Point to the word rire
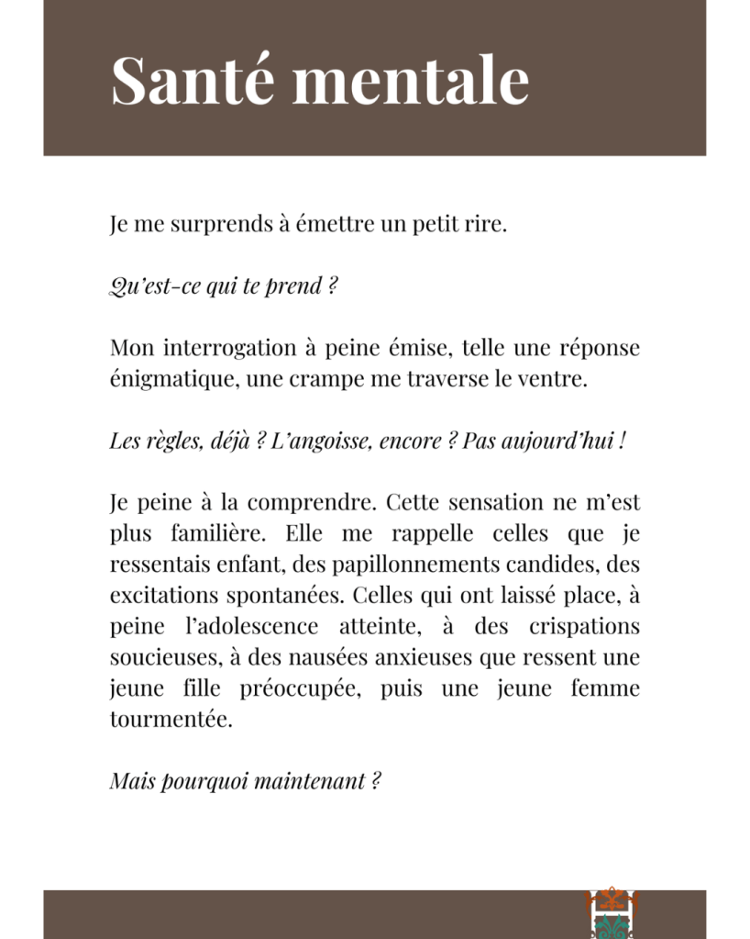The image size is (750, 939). [486, 224]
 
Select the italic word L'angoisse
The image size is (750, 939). [309, 441]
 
